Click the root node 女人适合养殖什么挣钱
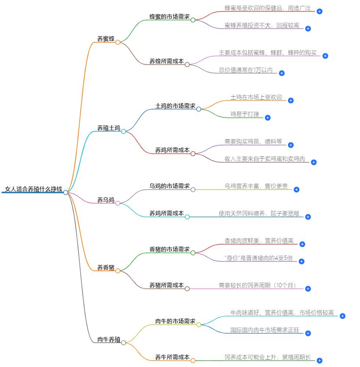tap(33, 189)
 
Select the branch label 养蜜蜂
tap(106, 39)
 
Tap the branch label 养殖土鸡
tap(108, 128)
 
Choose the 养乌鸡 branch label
tap(106, 200)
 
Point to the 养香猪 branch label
tap(106, 268)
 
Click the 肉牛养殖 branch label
tap(108, 339)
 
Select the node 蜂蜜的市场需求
tap(169, 17)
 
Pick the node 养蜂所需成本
tap(167, 62)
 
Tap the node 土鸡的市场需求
tap(175, 106)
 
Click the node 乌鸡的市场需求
tap(169, 186)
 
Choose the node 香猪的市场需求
tap(169, 250)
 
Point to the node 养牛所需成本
tap(172, 357)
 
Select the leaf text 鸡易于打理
tap(245, 114)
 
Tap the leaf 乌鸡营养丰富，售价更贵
tap(256, 186)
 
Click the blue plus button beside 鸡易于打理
tap(268, 117)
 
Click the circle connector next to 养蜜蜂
tap(118, 42)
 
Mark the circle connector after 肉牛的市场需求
tap(199, 325)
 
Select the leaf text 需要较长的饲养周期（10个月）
tap(258, 286)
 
